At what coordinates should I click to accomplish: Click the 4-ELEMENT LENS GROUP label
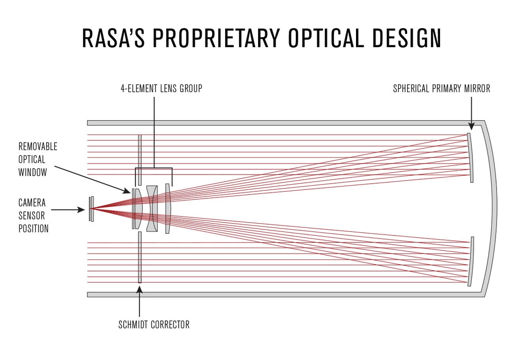161,89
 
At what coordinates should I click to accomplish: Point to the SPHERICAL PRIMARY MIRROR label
441,89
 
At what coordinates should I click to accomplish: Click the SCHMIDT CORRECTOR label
154,325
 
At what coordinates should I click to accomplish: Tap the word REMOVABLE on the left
38,146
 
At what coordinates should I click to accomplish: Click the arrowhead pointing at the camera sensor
81,209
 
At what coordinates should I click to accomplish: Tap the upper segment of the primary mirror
471,157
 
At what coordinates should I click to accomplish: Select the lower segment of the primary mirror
471,261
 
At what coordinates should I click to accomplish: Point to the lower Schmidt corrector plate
140,258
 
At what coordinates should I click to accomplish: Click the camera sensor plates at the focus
91,209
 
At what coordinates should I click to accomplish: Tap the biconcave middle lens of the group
152,209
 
